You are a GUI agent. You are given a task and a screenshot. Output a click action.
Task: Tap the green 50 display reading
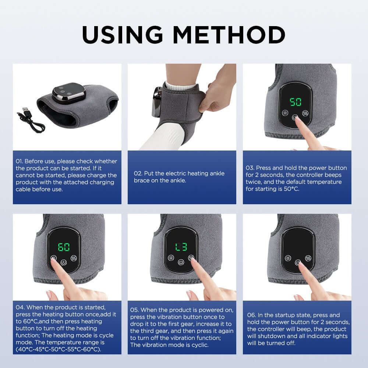(296, 102)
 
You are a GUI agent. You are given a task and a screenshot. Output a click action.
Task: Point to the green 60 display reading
(64, 247)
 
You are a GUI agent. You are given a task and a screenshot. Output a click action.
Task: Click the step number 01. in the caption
(20, 161)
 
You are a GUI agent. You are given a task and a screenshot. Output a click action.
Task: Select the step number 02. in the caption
(138, 173)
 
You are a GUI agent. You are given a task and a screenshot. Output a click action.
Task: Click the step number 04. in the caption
(20, 307)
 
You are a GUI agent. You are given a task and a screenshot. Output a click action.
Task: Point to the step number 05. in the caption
(135, 310)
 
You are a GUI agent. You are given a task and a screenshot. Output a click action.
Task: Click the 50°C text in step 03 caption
(291, 189)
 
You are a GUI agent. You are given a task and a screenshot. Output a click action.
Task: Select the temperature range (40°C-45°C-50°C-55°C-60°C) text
(58, 349)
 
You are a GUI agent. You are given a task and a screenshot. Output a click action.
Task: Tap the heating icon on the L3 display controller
(170, 258)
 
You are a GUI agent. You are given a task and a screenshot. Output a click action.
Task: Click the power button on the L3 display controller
(181, 262)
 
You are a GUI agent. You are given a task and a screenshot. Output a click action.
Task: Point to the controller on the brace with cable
(69, 93)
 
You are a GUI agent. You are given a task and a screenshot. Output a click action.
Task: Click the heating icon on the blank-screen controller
(287, 257)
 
